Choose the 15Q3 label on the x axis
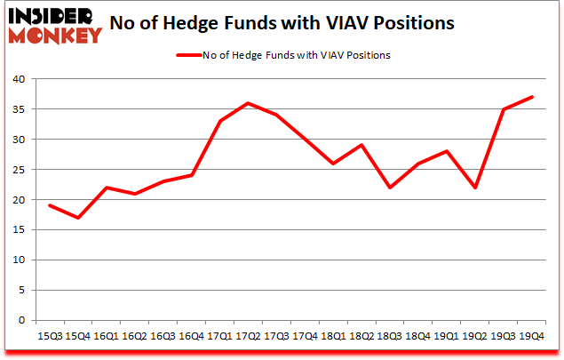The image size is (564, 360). tap(50, 336)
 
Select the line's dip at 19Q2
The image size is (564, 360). tap(475, 188)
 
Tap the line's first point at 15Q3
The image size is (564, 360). tap(50, 206)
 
